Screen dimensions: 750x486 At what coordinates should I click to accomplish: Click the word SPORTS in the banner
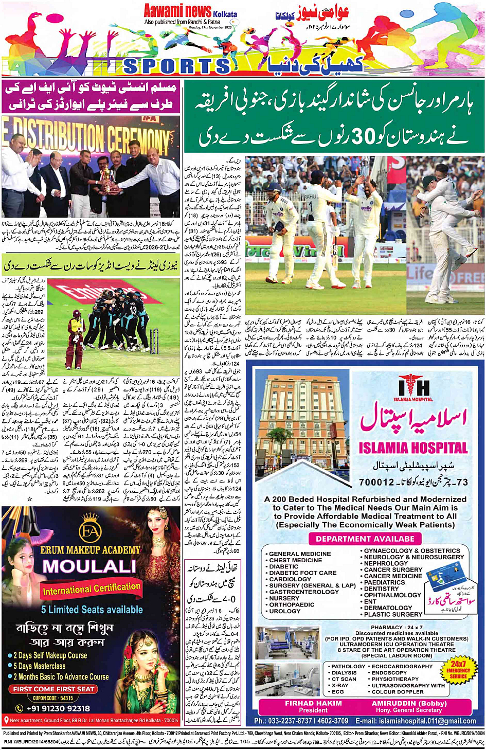(177, 66)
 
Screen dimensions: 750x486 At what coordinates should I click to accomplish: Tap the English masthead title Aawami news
(177, 11)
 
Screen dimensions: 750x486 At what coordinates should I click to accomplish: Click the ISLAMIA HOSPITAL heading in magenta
(413, 448)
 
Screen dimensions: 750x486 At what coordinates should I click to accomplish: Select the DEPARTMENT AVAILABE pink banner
(365, 539)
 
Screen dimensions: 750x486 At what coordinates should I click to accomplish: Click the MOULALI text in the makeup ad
(89, 566)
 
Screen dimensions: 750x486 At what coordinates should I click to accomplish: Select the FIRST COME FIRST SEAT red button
(54, 689)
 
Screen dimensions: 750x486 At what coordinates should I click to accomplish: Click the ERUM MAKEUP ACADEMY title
(90, 550)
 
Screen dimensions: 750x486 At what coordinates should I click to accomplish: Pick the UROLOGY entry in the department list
(284, 611)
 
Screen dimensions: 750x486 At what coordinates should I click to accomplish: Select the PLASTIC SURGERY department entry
(393, 614)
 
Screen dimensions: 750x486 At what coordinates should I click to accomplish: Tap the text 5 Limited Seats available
(92, 610)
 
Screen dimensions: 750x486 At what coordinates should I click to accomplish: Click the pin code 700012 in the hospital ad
(377, 482)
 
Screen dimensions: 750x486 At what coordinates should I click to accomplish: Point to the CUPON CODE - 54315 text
(53, 698)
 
